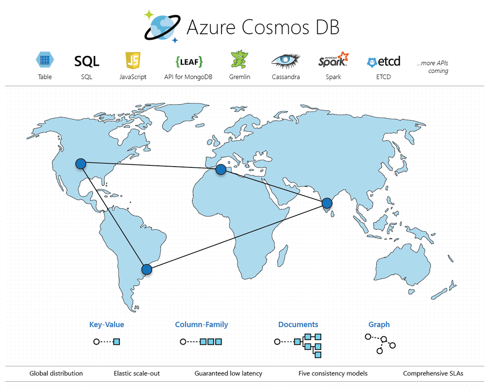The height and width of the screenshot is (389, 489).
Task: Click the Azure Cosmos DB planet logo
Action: pos(162,27)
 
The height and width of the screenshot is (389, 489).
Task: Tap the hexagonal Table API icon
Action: pos(45,60)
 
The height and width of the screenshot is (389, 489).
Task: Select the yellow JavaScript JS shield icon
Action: pos(133,60)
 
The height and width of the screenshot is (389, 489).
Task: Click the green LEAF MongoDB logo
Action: pos(189,61)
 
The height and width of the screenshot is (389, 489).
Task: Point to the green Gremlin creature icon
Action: pos(239,59)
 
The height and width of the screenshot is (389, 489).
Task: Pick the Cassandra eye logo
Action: pos(286,61)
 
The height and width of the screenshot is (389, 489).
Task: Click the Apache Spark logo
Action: pos(333,60)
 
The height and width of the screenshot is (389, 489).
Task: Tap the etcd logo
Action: pos(384,61)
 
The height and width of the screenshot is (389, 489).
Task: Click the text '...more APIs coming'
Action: pos(432,67)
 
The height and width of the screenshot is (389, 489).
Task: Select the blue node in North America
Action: pos(81,164)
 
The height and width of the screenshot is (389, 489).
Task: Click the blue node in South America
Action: pos(147,270)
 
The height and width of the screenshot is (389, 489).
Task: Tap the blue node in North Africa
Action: pos(221,169)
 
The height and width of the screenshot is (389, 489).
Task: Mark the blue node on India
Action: pos(327,203)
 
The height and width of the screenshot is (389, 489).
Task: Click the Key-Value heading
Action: pos(107,325)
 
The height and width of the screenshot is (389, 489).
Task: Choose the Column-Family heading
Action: pos(201,325)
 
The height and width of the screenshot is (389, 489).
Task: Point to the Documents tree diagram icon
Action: pos(297,345)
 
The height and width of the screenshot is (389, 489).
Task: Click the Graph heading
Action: pos(379,325)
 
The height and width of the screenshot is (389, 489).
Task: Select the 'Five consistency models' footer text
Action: pos(333,373)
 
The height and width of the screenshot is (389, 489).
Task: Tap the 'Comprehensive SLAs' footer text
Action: pos(433,373)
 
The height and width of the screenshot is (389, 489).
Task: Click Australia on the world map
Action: pos(402,265)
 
